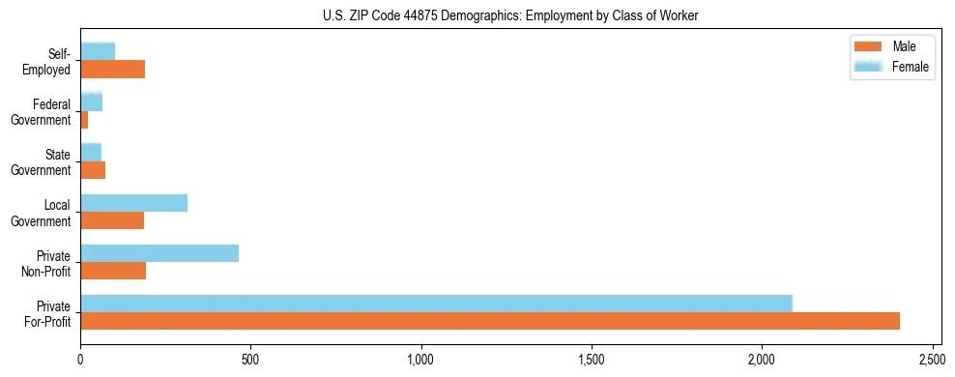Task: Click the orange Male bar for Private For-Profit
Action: tap(490, 321)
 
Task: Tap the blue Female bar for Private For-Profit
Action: tap(436, 303)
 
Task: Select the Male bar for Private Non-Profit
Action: tap(113, 271)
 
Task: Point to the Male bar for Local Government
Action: tap(112, 220)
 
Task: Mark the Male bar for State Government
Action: tap(93, 170)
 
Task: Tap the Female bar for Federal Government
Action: tap(92, 101)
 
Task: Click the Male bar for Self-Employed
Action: tap(113, 70)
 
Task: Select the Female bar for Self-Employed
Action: tap(98, 51)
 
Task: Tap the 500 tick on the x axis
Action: tap(250, 360)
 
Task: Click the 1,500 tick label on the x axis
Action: tap(592, 360)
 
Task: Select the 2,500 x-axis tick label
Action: tap(933, 360)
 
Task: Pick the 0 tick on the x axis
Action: tap(80, 360)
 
